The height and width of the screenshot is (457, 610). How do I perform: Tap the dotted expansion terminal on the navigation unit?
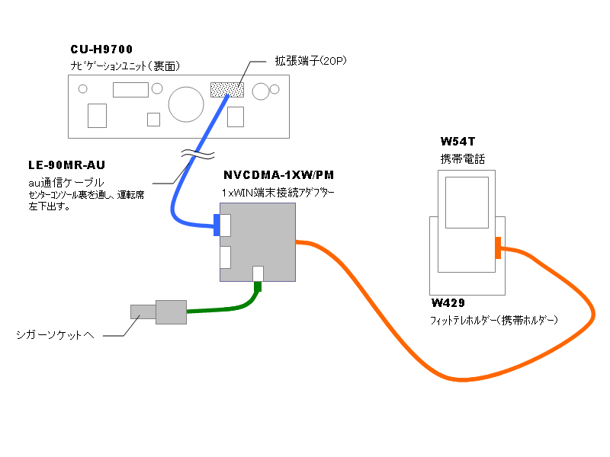pos(226,89)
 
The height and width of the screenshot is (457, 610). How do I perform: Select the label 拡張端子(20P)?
pos(310,60)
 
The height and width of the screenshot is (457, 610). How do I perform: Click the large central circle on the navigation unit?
pos(185,104)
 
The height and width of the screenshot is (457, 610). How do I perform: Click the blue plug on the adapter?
pos(217,225)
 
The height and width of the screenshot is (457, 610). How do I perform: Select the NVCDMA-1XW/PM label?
pos(278,175)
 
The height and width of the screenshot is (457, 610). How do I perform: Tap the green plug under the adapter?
pos(258,286)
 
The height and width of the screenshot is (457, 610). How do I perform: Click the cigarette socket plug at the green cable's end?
pos(159,312)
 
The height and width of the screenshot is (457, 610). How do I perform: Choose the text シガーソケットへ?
pos(55,334)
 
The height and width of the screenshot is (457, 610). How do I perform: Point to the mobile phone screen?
pos(466,202)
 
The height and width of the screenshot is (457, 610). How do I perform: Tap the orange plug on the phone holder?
pos(497,248)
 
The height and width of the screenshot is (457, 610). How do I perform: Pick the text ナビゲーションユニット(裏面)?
pos(125,66)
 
